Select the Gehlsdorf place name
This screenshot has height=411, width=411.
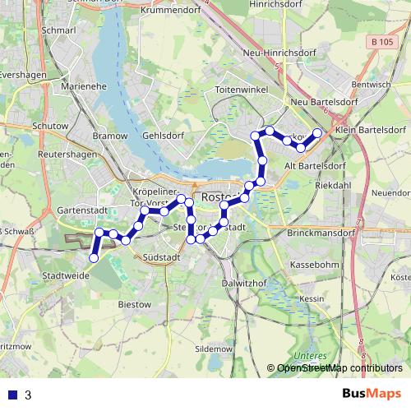click(x=161, y=135)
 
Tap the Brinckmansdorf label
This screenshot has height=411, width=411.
click(x=321, y=233)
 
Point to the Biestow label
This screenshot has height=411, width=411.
click(x=135, y=303)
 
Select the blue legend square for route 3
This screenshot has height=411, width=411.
click(x=11, y=395)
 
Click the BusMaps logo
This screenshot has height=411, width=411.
click(x=372, y=394)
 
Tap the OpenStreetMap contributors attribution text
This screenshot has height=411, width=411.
click(x=339, y=367)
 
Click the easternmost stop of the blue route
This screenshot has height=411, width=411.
click(x=317, y=132)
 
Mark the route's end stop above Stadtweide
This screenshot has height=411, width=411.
click(x=93, y=258)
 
